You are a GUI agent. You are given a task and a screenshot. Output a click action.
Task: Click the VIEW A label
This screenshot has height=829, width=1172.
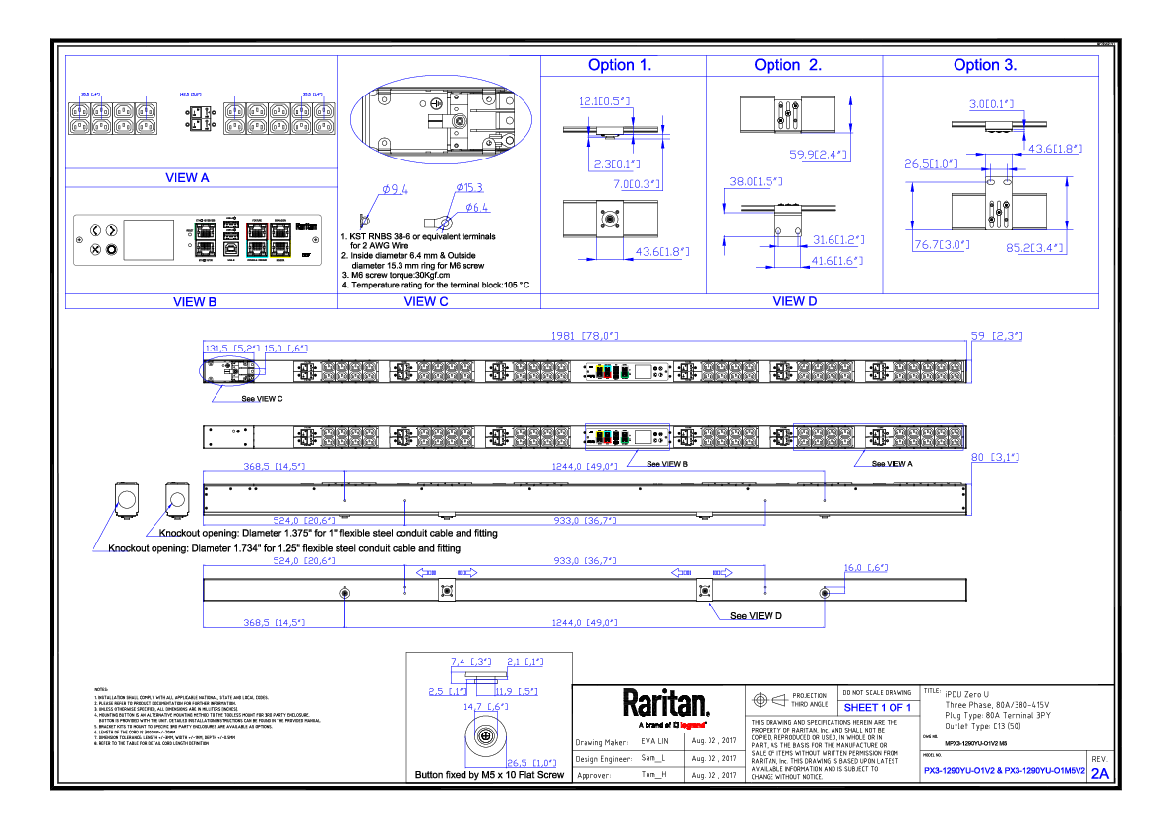[x=187, y=178]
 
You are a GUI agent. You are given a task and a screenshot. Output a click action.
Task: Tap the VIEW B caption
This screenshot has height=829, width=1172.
[x=194, y=302]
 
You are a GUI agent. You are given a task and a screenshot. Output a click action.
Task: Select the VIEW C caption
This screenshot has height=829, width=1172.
[x=426, y=302]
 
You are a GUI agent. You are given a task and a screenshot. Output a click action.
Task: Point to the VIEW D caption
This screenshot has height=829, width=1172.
[x=794, y=302]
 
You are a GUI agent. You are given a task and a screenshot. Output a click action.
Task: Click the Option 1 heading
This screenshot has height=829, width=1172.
[x=618, y=66]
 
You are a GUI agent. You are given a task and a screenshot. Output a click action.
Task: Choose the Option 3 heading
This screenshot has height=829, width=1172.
[x=984, y=66]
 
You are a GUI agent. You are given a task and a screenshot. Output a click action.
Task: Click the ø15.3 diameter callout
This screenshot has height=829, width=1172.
[x=469, y=188]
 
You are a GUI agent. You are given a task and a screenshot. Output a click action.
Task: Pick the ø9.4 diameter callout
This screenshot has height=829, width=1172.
[x=395, y=189]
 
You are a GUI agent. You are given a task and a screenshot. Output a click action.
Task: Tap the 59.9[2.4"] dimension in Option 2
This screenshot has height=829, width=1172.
[x=819, y=155]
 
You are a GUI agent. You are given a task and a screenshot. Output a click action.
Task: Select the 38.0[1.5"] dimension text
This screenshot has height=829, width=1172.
[x=756, y=182]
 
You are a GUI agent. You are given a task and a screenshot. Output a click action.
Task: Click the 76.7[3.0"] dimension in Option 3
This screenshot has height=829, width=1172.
[x=942, y=245]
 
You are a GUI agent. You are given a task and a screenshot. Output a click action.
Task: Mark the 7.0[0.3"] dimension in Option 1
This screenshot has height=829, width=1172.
[x=637, y=184]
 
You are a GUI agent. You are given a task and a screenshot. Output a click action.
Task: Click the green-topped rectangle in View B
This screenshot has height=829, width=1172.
[x=205, y=240]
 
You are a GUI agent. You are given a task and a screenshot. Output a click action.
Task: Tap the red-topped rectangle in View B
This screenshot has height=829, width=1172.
[x=257, y=240]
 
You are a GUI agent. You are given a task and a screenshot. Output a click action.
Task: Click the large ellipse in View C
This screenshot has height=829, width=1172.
[x=441, y=120]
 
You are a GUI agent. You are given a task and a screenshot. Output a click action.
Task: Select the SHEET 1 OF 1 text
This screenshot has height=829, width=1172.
[x=878, y=708]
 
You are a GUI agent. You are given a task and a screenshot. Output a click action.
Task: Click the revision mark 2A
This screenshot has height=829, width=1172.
[x=1100, y=774]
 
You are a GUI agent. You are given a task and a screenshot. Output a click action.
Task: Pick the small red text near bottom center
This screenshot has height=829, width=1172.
[x=692, y=726]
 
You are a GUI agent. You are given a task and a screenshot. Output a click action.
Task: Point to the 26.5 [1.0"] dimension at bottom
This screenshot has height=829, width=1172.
[x=531, y=763]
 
